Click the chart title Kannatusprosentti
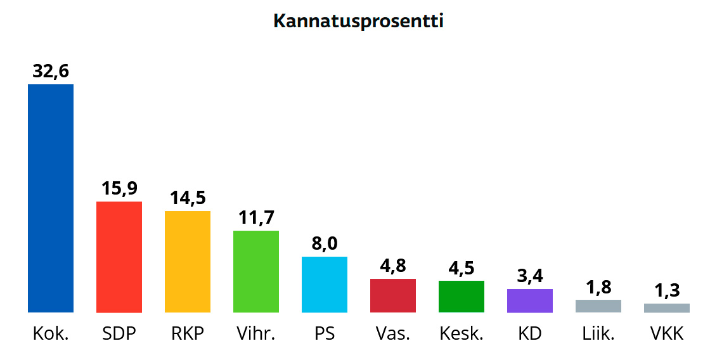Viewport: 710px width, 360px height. [358, 21]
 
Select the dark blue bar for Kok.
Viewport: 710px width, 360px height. [51, 198]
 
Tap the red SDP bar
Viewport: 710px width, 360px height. [119, 257]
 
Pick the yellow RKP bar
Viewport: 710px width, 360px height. [188, 262]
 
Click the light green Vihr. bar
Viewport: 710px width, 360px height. [256, 271]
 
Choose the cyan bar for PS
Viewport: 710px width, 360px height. [325, 285]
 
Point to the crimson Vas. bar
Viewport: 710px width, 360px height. [393, 295]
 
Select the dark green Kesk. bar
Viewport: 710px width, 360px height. [461, 297]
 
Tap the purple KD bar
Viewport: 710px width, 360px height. [530, 300]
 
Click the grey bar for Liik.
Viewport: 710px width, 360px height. [598, 306]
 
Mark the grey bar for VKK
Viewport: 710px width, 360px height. [667, 308]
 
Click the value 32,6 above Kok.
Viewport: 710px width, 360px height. [51, 72]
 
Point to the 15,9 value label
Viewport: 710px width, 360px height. [119, 189]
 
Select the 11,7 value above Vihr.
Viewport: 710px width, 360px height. [256, 218]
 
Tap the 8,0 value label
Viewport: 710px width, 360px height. [325, 244]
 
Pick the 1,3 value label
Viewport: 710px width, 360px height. [667, 291]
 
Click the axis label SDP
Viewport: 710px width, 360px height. [119, 333]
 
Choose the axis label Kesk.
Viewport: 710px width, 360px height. [461, 333]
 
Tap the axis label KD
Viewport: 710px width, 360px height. [530, 333]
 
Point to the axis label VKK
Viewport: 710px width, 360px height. [667, 333]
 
